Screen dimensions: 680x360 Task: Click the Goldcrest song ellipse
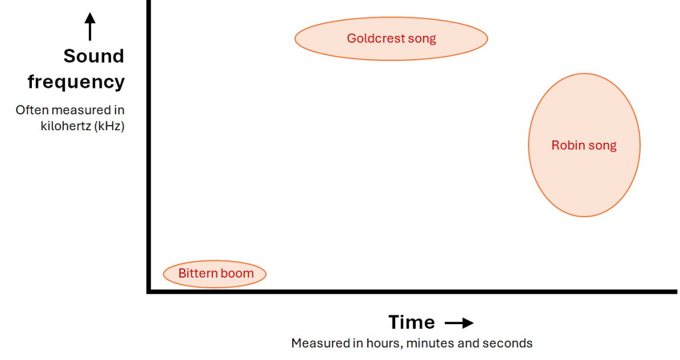point(391,39)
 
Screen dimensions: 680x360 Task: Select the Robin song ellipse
point(584,145)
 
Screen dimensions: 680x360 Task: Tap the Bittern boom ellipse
point(214,274)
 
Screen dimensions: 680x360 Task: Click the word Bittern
point(196,273)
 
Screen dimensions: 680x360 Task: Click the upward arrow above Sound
point(90,27)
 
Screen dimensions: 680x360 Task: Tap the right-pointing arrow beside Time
point(460,323)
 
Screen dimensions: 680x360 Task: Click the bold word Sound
point(94,56)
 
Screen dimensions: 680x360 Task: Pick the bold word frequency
point(76,82)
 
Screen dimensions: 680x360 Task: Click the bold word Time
point(412,323)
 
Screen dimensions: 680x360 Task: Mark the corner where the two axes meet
point(149,292)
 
